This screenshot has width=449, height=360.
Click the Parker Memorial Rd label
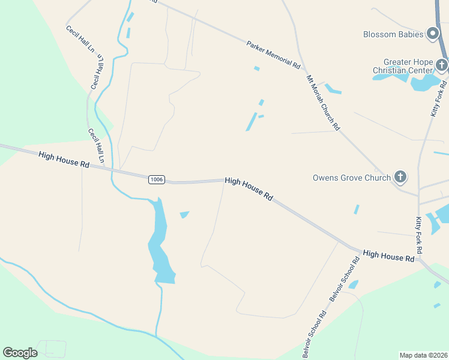pos(273,54)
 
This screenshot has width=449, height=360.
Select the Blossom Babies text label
pos(393,34)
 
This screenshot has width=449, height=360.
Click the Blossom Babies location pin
pos(433,34)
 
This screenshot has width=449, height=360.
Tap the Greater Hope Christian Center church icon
pos(441,65)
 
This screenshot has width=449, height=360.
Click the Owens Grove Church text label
pos(351,178)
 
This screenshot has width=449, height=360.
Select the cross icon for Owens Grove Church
pos(400,177)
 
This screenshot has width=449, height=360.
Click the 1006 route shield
pos(156,179)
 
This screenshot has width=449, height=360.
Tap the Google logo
pos(20,353)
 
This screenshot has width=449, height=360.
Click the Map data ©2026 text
pos(423,355)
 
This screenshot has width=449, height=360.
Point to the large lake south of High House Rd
pos(160,246)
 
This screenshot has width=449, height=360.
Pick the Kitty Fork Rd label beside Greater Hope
pos(436,97)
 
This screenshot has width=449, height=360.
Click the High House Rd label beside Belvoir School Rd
pos(389,256)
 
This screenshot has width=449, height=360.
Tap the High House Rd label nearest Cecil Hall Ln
pos(64,159)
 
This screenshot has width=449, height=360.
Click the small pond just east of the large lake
pos(184,214)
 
